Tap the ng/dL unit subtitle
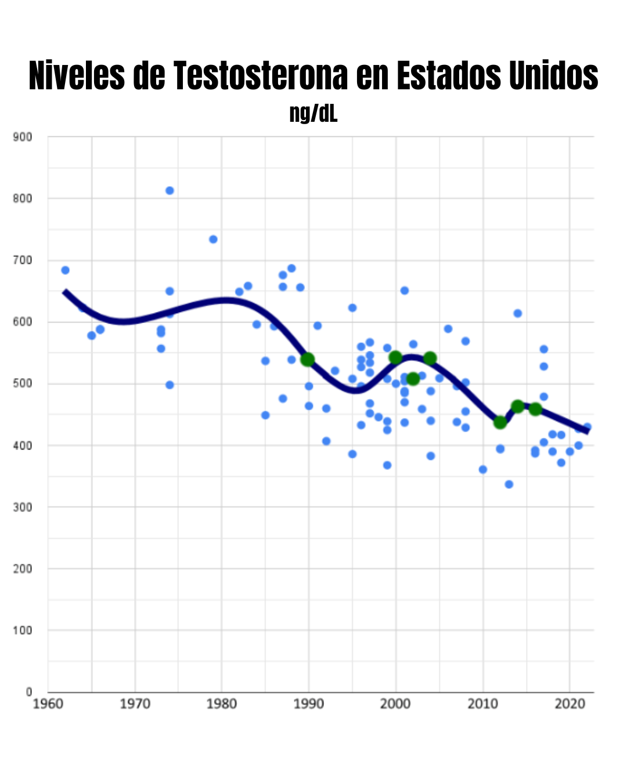313,113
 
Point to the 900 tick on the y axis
22,137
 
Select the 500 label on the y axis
22,383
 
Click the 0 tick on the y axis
28,691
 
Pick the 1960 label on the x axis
48,704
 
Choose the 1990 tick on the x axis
309,704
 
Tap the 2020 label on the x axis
570,704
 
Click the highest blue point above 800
170,191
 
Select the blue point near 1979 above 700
213,240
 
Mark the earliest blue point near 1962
65,270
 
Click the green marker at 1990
308,360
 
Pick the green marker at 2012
500,422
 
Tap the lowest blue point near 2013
509,484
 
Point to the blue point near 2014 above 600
518,313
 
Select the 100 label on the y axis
22,630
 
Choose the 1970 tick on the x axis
135,704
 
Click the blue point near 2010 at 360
483,469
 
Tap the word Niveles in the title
77,75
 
